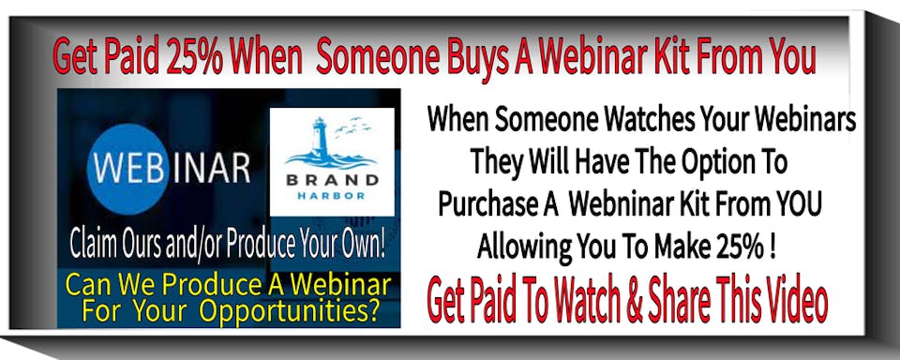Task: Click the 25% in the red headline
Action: pos(195,57)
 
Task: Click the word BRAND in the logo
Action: pos(332,180)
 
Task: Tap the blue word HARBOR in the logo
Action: pos(332,196)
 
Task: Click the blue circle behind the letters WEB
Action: pos(127,169)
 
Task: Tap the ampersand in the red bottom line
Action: pos(635,298)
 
